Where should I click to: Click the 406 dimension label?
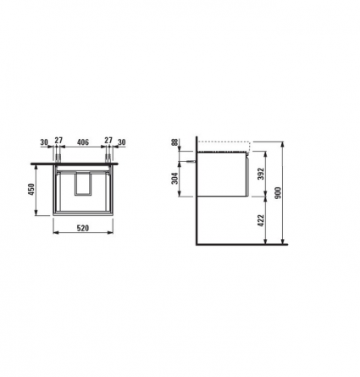coord(83,141)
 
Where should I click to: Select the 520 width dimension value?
coord(83,228)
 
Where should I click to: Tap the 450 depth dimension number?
coord(31,189)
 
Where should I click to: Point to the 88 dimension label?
coord(175,142)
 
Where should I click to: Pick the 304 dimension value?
coord(175,178)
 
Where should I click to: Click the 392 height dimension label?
coord(261,174)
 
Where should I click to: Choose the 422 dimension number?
coord(261,220)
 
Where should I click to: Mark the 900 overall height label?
coord(278,192)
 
